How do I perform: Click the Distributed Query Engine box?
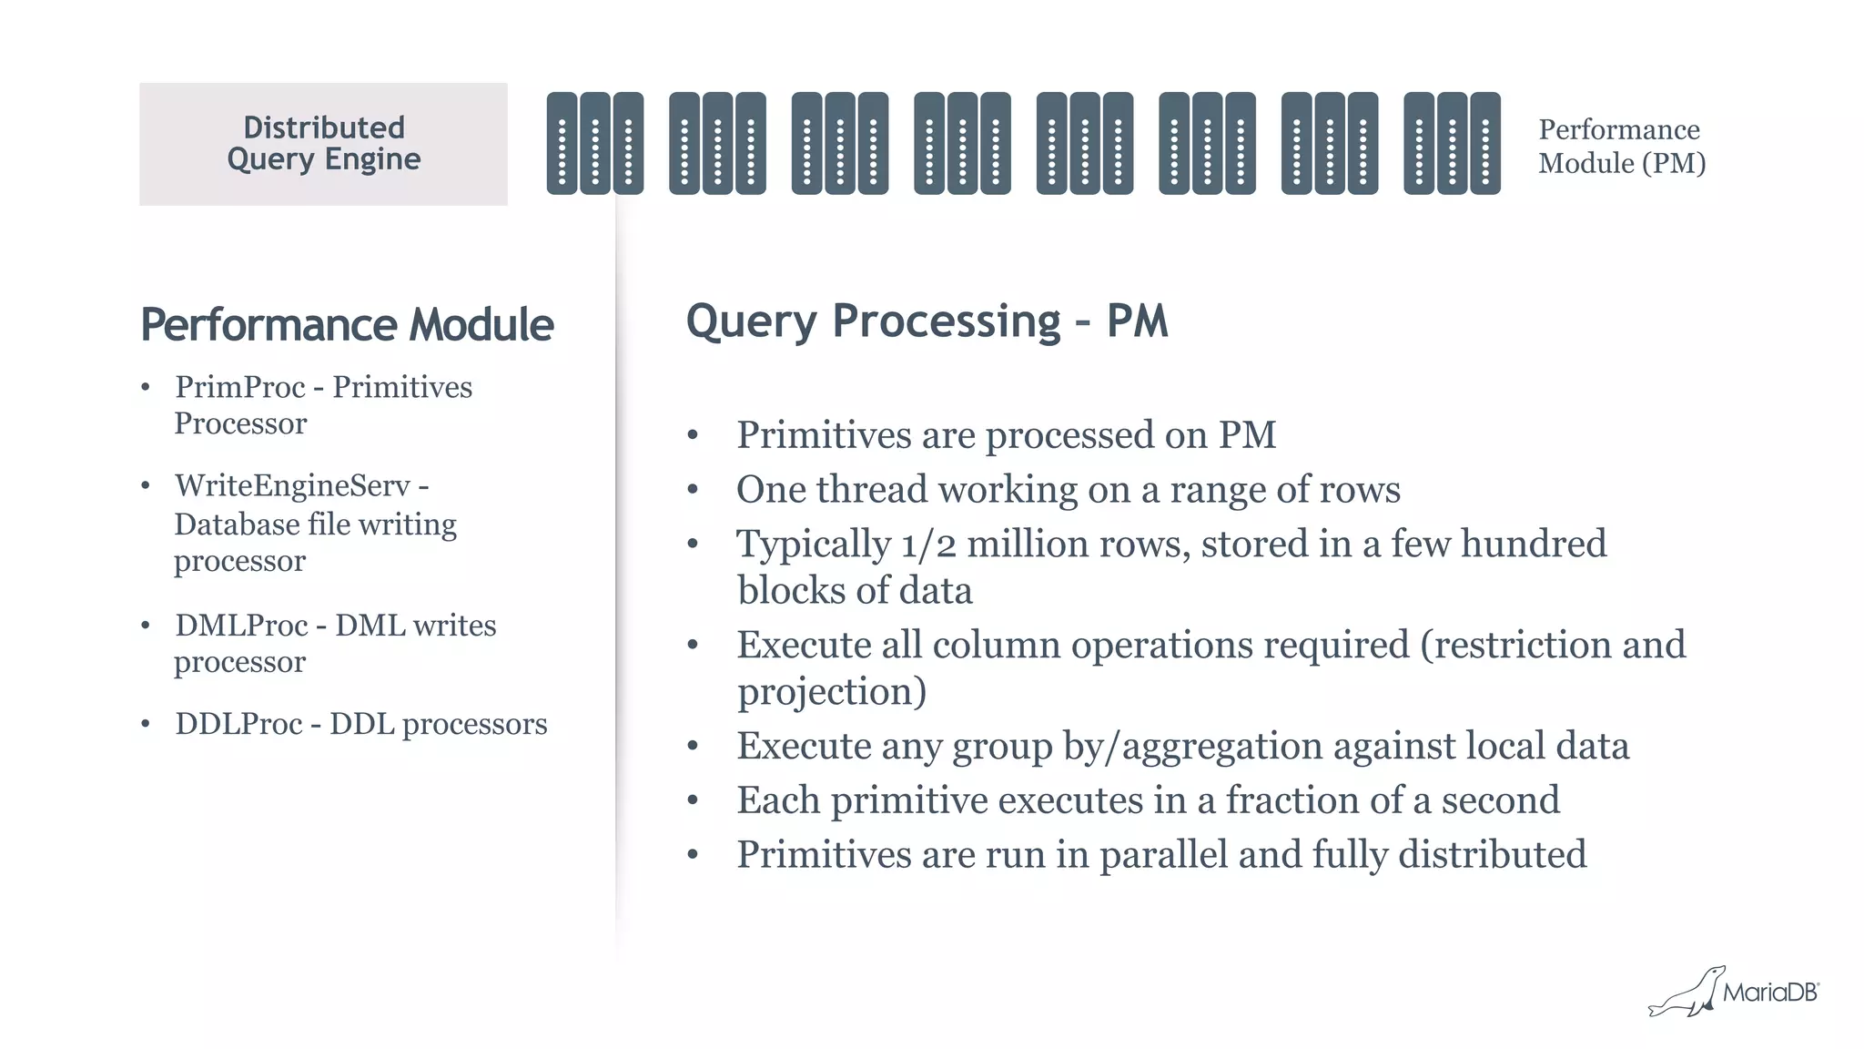(x=323, y=144)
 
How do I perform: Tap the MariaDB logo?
(x=1735, y=992)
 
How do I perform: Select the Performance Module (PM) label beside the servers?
(x=1621, y=146)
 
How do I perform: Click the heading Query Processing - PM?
(x=927, y=321)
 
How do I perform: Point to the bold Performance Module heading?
(x=347, y=325)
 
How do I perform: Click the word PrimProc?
(x=240, y=387)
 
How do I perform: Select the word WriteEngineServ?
(x=292, y=485)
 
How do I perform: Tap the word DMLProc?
(x=241, y=626)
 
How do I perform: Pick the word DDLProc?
(x=238, y=724)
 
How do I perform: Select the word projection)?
(x=832, y=691)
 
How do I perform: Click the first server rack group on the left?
(x=595, y=143)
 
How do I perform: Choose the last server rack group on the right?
(x=1452, y=143)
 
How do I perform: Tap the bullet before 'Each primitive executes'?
(x=693, y=801)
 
